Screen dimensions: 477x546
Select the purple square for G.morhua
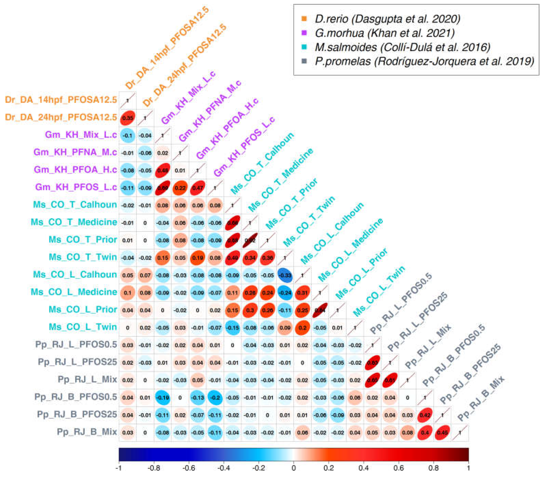click(304, 33)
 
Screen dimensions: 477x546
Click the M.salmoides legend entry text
click(402, 47)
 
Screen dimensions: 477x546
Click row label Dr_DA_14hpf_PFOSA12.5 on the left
click(61, 100)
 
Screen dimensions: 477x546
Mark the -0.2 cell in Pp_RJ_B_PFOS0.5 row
click(215, 397)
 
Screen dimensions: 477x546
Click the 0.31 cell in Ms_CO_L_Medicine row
click(302, 293)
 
